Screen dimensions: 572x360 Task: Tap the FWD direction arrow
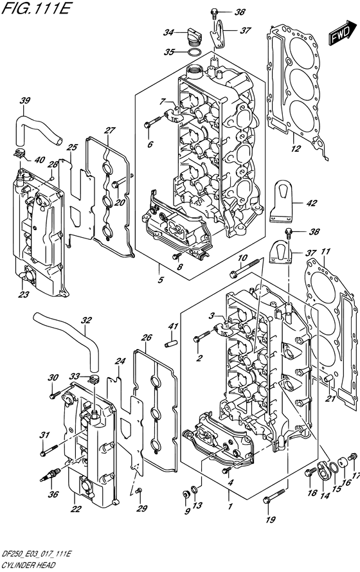point(341,33)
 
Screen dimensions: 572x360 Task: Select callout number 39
point(25,100)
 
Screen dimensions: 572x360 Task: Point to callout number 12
point(295,150)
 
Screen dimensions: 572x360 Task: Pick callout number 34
point(168,32)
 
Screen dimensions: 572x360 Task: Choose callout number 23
point(24,296)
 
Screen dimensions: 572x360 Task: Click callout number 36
point(53,476)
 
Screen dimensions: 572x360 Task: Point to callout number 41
point(172,328)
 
